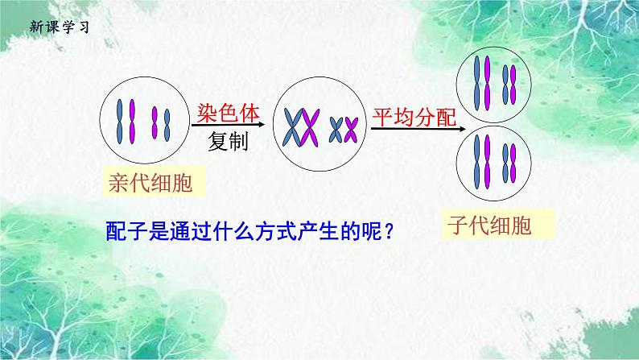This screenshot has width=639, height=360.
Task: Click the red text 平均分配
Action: click(412, 117)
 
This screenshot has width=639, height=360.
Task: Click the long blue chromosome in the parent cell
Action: click(122, 121)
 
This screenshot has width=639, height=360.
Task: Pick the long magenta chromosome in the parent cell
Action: click(135, 121)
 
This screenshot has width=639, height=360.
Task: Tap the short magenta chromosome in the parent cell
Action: click(155, 123)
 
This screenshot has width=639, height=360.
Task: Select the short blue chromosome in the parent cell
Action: click(167, 123)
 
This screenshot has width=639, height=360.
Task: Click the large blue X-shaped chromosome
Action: click(291, 128)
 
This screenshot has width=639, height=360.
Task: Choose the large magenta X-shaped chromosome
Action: click(311, 128)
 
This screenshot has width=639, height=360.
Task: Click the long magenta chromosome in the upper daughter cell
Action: click(485, 78)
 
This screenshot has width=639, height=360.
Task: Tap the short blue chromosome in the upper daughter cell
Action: click(513, 79)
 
